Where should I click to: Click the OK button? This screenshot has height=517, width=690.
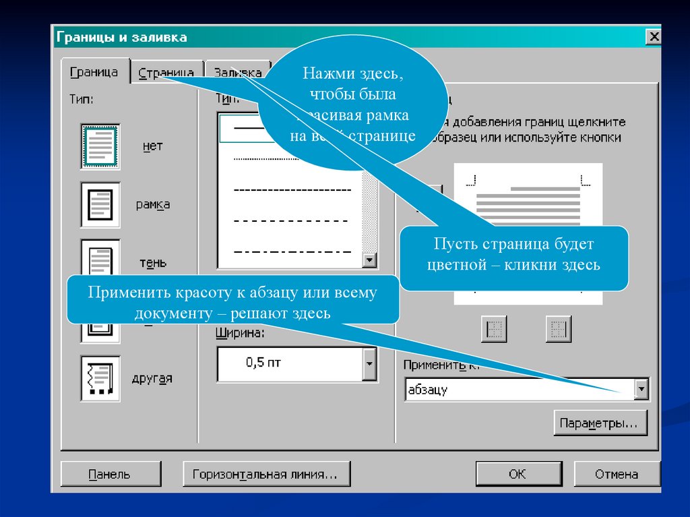tap(517, 474)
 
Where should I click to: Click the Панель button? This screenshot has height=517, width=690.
tap(111, 474)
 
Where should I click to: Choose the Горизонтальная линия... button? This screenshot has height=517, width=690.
tap(266, 474)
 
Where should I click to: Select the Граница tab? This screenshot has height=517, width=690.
tap(94, 72)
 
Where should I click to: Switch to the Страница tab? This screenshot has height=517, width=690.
tap(166, 73)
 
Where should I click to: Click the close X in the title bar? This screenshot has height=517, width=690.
tap(653, 37)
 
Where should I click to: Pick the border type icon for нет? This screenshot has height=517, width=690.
tap(100, 145)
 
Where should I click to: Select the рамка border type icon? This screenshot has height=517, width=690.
tap(100, 204)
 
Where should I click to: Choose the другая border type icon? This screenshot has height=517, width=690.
tap(100, 377)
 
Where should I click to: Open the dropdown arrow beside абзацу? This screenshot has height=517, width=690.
tap(641, 389)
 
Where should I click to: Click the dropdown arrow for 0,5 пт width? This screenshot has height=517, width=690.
tap(369, 364)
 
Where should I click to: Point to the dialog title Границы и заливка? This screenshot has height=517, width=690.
tap(122, 37)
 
